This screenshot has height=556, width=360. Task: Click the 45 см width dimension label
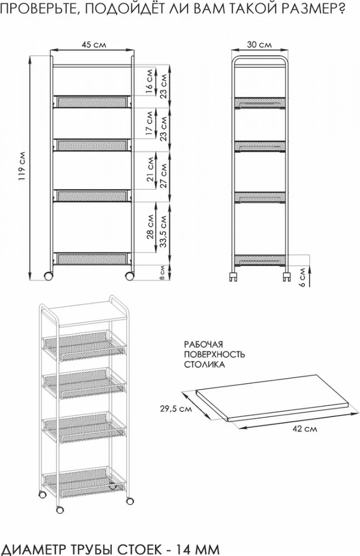pos(93,44)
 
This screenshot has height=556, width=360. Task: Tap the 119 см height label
pos(22,167)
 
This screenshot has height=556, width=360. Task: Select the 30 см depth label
pos(259,44)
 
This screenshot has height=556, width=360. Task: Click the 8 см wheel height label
pos(162,273)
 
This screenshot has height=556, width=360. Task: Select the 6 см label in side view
pos(302,277)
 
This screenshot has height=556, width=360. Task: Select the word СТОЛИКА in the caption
pos(205,364)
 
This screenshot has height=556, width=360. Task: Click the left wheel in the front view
pos(48,276)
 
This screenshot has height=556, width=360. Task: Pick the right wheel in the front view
pos(130,276)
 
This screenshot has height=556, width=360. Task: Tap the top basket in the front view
pos(92,101)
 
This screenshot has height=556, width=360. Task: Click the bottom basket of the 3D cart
pos(84,482)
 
